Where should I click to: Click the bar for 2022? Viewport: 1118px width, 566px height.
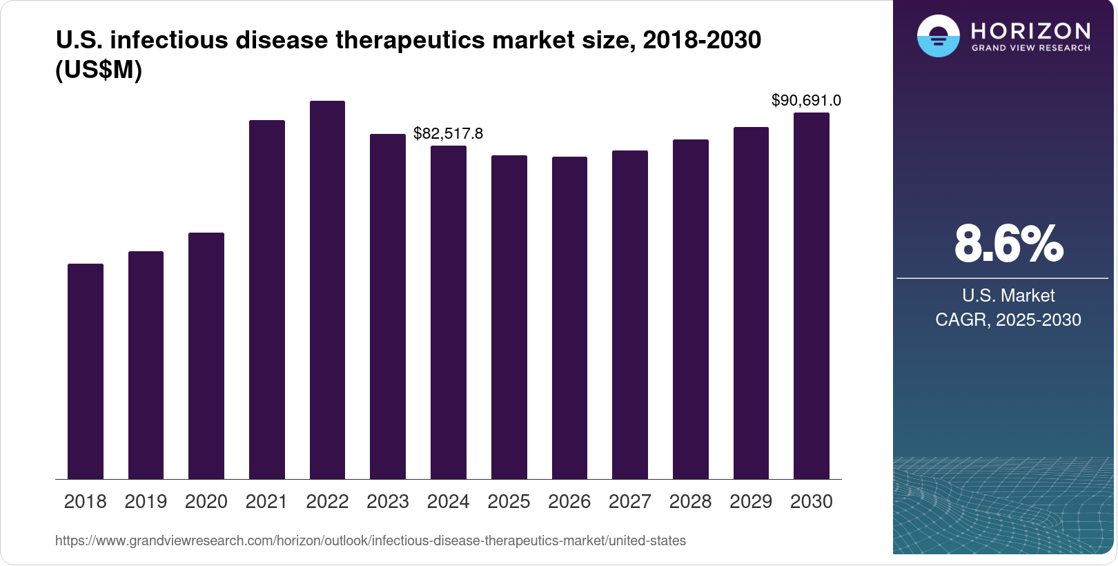click(327, 290)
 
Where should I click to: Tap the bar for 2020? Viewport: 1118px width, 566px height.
click(206, 355)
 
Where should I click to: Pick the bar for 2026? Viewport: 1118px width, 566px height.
click(569, 318)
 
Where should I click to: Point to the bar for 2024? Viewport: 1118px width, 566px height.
click(449, 312)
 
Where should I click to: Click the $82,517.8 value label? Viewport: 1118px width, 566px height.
click(449, 133)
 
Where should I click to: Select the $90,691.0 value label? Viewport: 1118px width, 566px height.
click(806, 101)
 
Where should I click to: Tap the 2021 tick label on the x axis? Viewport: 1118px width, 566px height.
click(266, 502)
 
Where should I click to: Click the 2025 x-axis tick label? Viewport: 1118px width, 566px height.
click(509, 502)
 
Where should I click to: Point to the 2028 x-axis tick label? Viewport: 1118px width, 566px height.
click(690, 502)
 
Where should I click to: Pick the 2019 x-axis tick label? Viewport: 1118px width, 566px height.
click(146, 502)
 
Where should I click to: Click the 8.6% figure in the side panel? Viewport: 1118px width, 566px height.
click(1008, 244)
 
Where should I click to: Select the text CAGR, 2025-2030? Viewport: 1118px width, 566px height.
click(1008, 320)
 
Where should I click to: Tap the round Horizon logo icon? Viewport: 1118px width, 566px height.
click(938, 36)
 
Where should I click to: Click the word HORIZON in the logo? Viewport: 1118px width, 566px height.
click(1030, 31)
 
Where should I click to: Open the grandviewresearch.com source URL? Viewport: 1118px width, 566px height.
click(371, 540)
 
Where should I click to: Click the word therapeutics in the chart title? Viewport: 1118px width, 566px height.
click(411, 40)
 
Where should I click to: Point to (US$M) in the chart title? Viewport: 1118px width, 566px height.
click(99, 70)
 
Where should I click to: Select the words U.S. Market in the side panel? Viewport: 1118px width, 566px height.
click(1008, 295)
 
